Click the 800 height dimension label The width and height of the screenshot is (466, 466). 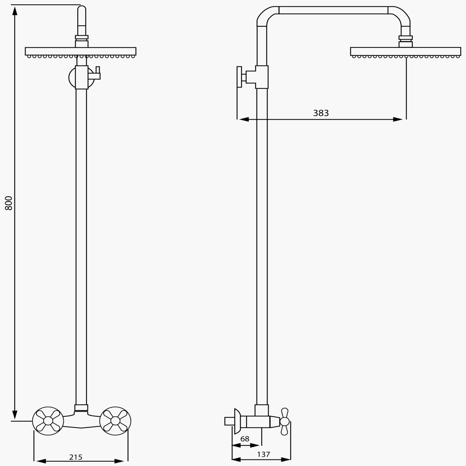click(x=9, y=203)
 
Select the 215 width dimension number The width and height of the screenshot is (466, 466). click(x=76, y=457)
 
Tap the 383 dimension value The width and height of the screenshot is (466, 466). click(x=321, y=113)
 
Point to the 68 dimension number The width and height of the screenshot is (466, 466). click(x=245, y=438)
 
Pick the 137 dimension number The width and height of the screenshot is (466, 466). click(x=263, y=454)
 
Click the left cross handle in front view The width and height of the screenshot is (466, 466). click(x=48, y=421)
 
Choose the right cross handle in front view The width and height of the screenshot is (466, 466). click(x=115, y=421)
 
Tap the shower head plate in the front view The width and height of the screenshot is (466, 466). click(x=80, y=51)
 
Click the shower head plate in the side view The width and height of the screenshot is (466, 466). click(x=405, y=51)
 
